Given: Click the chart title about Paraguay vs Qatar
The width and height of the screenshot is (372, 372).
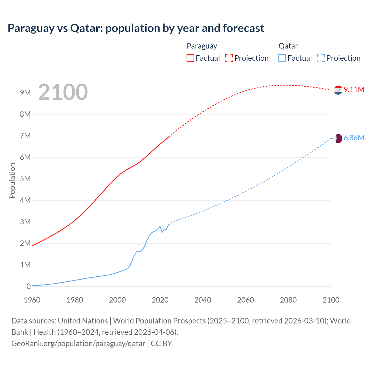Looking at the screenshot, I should (x=136, y=28).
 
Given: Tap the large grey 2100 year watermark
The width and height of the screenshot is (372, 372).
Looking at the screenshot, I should (x=63, y=92).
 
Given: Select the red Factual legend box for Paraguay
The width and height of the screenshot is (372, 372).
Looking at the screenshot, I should (x=190, y=58).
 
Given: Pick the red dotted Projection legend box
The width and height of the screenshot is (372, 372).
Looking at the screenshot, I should (x=229, y=58).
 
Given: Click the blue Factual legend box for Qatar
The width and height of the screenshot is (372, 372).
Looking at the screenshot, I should (x=282, y=58).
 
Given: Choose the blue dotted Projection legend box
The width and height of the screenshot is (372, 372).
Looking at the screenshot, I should (x=321, y=58).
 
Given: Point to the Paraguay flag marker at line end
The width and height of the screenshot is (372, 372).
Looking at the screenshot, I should (x=338, y=90).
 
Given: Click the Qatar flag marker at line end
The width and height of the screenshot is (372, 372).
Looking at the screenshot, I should (x=338, y=138).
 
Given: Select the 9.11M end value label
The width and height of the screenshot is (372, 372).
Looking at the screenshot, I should (x=354, y=90).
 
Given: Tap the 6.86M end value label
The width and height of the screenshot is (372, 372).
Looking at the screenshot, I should (x=354, y=138).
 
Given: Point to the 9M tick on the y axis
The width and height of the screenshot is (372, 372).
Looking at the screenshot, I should (x=25, y=93).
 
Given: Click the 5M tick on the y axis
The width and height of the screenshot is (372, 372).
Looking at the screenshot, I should (x=25, y=179).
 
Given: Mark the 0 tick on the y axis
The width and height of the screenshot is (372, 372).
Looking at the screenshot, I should (x=28, y=286).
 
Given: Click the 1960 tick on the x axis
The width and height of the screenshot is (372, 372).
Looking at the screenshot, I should (x=32, y=300).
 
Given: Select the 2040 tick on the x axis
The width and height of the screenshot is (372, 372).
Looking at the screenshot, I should (x=203, y=300).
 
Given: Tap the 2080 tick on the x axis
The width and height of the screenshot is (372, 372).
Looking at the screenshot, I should (x=288, y=300).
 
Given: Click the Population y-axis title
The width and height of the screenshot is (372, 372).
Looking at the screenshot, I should (x=12, y=180).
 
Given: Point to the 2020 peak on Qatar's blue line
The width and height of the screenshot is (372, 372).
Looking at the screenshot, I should (x=160, y=226).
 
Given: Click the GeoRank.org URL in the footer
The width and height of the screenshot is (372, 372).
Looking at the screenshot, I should (x=78, y=344).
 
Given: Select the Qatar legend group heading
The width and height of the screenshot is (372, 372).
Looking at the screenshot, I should (x=288, y=46).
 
